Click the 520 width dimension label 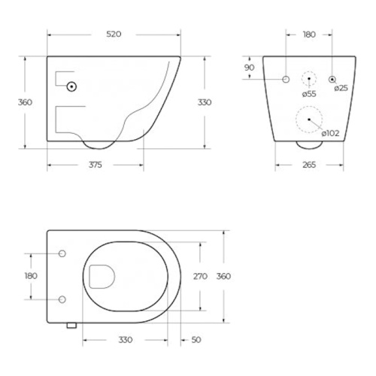(x=114, y=34)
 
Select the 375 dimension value (x=96, y=165)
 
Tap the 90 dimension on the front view (x=249, y=68)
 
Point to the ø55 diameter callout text (x=309, y=94)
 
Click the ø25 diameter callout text (x=341, y=88)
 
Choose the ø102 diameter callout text (x=330, y=133)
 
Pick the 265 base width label (x=309, y=165)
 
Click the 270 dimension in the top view (x=200, y=276)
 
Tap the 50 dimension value (x=196, y=340)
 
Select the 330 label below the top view (x=126, y=340)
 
